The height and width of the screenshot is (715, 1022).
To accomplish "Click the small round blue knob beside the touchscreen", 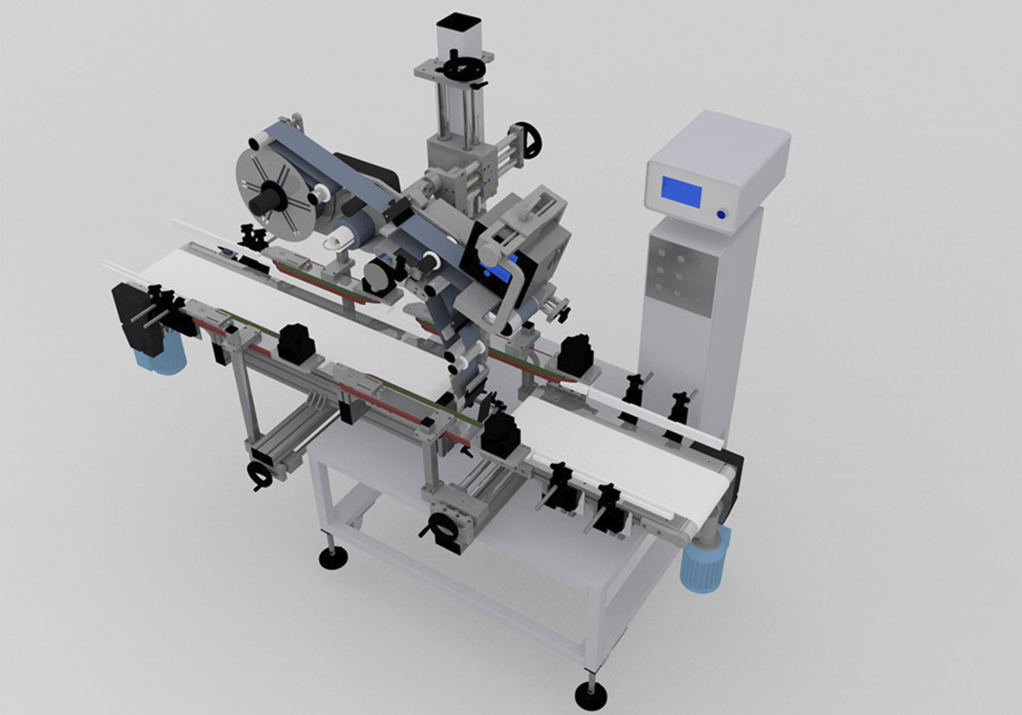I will point(721,214).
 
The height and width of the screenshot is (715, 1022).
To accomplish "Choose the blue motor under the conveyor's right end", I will point(705,560).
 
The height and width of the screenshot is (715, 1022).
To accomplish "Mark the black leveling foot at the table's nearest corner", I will point(590,694).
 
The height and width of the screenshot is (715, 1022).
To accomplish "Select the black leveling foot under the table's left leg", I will point(332,558).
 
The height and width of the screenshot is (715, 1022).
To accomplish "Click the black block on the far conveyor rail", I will point(573,354).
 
